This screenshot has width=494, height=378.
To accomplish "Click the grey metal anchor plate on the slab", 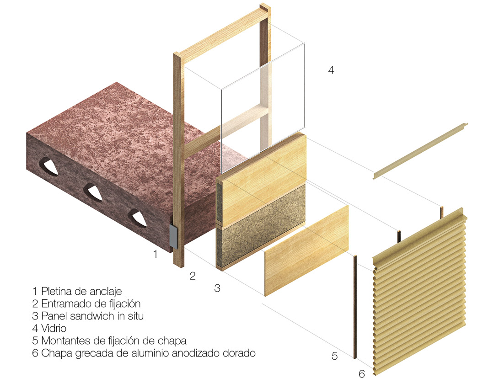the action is click(174, 235).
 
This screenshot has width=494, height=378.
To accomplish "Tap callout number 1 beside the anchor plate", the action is click(155, 254).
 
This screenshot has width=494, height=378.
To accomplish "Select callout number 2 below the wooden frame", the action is click(193, 276).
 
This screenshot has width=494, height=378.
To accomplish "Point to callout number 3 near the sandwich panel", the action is click(217, 288).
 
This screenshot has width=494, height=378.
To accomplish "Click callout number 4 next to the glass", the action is click(331, 70).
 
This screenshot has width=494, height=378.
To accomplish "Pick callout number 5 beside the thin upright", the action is click(334, 356).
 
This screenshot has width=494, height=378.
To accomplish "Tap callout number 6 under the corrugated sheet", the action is click(362, 373).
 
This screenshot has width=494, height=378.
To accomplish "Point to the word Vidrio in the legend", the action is click(54, 328).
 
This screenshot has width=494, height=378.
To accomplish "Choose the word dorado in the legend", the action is click(239, 353).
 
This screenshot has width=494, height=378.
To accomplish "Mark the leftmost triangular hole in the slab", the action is click(48, 165).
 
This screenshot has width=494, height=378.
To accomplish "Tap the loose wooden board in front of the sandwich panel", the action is click(306, 251).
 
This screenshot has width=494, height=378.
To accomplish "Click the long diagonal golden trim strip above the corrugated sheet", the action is click(421, 151).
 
